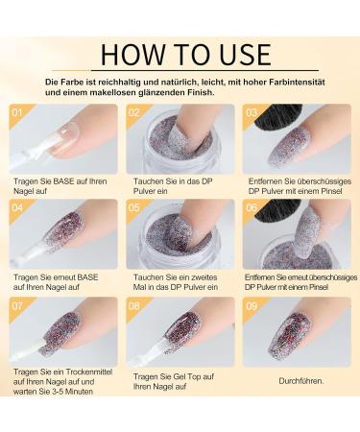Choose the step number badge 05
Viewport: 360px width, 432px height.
click(x=136, y=206)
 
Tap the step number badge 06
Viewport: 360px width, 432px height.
click(x=252, y=206)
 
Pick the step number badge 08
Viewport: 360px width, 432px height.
click(x=136, y=308)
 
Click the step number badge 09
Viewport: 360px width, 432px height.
click(x=252, y=308)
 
